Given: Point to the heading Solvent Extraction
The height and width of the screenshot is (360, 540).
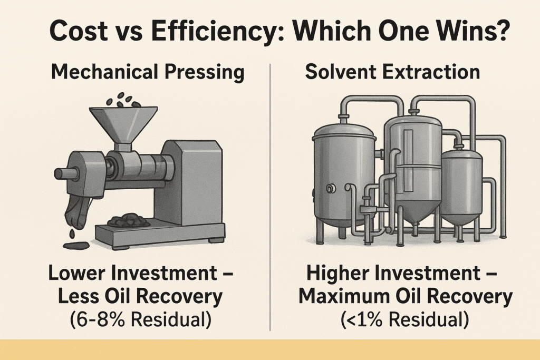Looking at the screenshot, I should (x=392, y=72).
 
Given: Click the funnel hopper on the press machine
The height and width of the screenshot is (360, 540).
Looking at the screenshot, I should (x=122, y=122).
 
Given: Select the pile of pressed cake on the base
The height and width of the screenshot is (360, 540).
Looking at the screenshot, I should (x=128, y=220).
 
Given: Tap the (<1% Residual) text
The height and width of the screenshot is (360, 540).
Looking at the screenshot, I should (x=405, y=321).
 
